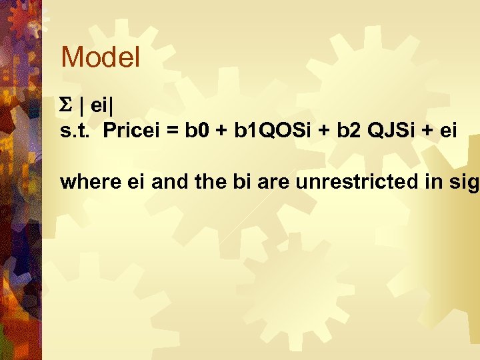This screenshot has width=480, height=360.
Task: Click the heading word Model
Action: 100,57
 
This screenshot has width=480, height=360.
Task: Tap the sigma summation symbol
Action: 65,106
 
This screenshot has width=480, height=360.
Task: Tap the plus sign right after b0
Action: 221,131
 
